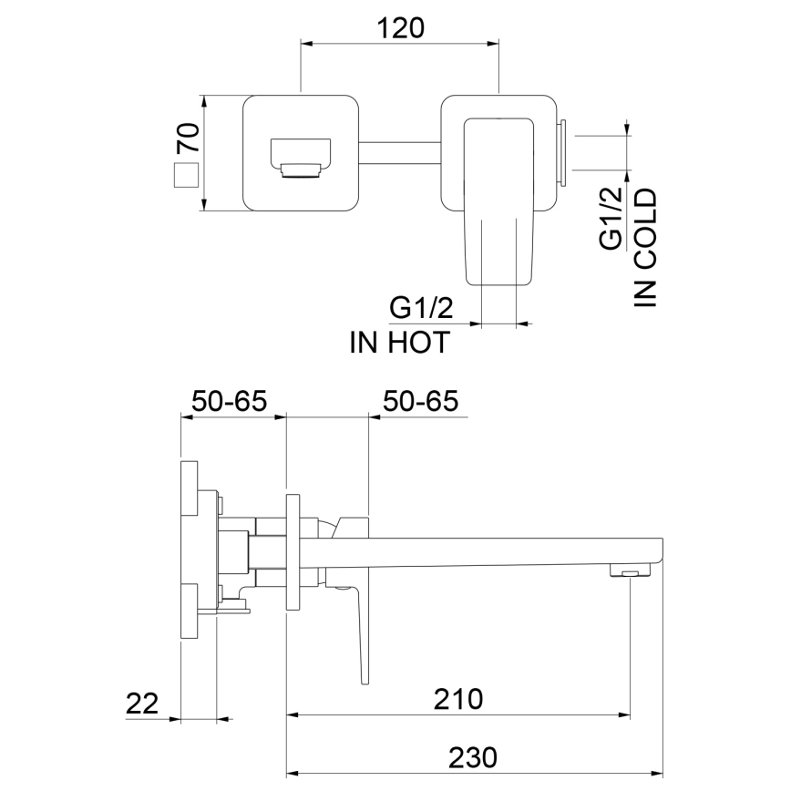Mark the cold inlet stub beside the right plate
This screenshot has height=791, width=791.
[x=563, y=152]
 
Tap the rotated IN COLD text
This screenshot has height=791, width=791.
[x=645, y=247]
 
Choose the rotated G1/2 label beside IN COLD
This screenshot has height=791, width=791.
[x=610, y=216]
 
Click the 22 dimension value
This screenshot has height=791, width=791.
[x=142, y=703]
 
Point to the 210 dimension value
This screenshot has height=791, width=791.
[x=458, y=699]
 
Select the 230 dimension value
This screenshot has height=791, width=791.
[x=474, y=756]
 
